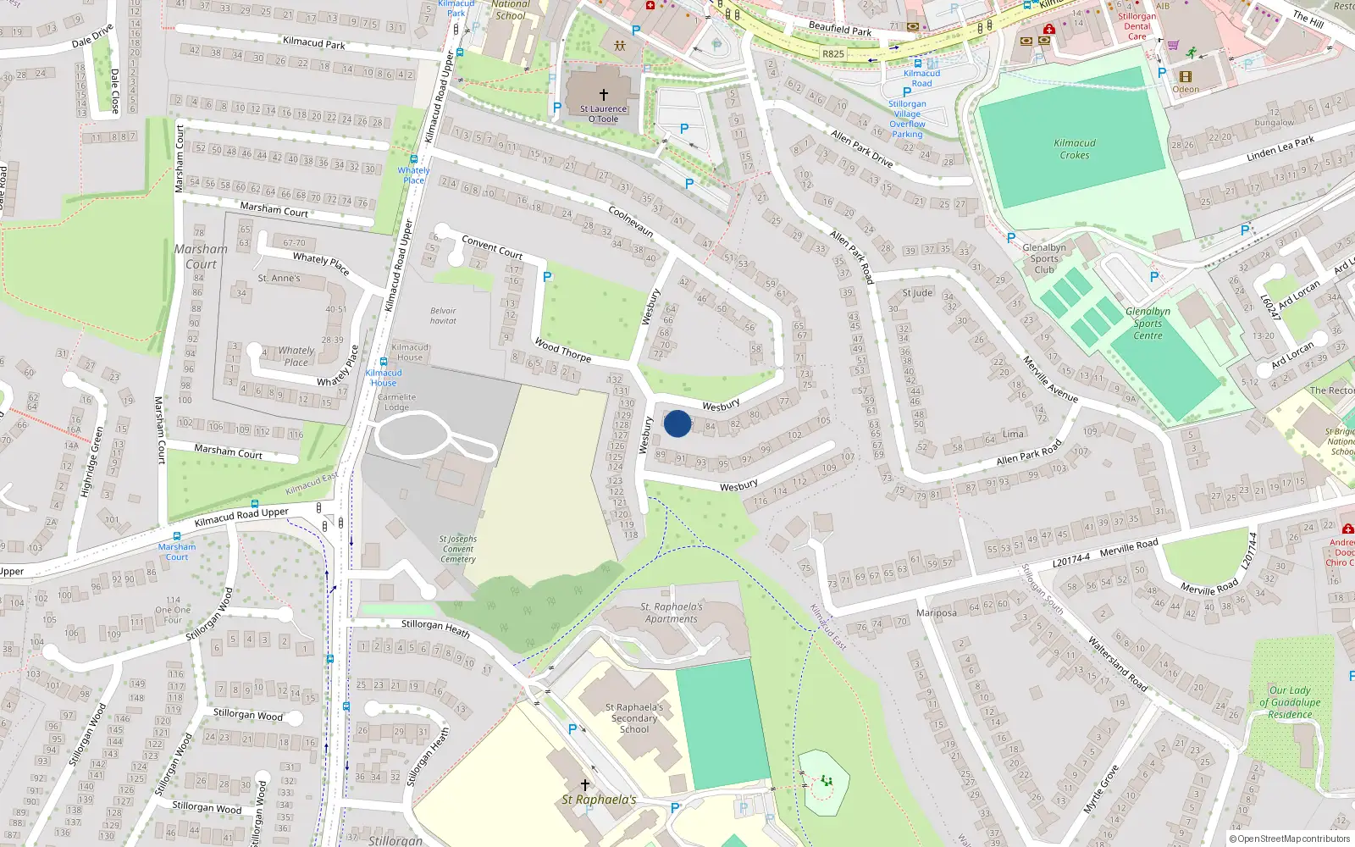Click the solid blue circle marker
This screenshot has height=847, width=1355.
[x=677, y=423]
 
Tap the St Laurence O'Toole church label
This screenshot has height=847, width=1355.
[x=603, y=113]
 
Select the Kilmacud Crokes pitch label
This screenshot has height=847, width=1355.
[x=1075, y=149]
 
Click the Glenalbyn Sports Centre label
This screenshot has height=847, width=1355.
[x=1148, y=324]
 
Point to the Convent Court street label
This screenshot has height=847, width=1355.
[x=491, y=247]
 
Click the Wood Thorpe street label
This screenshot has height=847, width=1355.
[x=562, y=349]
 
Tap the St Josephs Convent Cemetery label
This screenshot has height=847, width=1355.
[x=458, y=549]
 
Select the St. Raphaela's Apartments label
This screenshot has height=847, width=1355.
[x=672, y=612]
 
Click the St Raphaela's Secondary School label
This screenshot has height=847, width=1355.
[x=634, y=718]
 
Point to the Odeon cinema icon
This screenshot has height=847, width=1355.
[x=1186, y=76]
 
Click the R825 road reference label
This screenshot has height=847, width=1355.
[x=833, y=53]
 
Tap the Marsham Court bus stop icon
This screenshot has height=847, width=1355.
[x=177, y=536]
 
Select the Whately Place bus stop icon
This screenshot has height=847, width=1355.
[x=413, y=159]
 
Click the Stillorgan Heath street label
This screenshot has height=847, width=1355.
[x=435, y=628]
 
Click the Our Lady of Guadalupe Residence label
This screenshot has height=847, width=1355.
[x=1290, y=702]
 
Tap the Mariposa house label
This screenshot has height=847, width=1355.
[x=937, y=613]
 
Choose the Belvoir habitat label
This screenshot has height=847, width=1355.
[x=443, y=316]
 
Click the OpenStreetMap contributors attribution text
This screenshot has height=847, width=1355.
[x=1291, y=839]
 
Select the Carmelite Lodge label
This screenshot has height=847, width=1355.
[x=396, y=401]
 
